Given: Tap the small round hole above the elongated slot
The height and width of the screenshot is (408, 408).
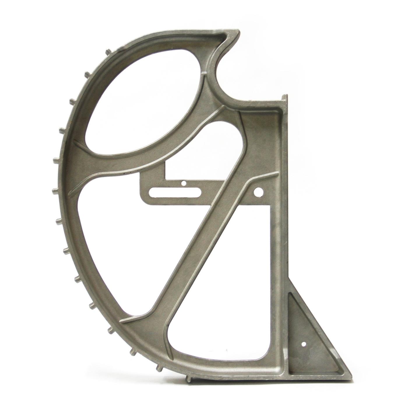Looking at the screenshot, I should (x=184, y=184).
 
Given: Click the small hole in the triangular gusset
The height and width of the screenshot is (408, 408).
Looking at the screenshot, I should (x=304, y=344).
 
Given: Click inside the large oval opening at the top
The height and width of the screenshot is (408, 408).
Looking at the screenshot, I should (x=146, y=99).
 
